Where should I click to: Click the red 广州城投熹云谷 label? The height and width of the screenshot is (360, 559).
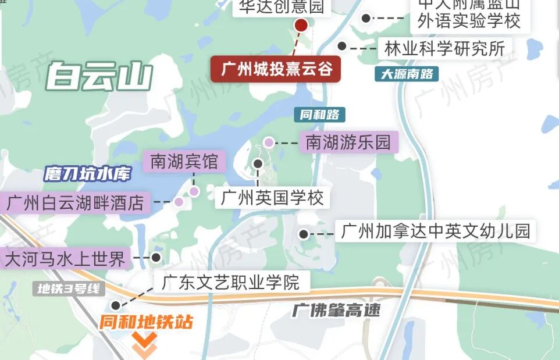click(276, 70)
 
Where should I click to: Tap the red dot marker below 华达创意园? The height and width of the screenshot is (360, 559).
click(301, 25)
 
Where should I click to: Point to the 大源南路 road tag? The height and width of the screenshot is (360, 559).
click(407, 74)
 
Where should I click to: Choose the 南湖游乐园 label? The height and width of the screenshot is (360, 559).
click(348, 142)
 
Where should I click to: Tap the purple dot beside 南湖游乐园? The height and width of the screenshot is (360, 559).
click(269, 142)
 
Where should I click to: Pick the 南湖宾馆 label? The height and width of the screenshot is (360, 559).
click(184, 162)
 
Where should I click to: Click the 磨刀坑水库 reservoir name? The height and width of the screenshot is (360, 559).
click(88, 174)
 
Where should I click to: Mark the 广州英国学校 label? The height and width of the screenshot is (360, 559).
click(272, 198)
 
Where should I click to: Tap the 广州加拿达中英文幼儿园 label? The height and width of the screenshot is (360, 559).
click(435, 231)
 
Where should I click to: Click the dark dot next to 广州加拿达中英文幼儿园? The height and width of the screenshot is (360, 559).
click(303, 234)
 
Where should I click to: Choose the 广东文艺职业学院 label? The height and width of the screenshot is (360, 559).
click(231, 283)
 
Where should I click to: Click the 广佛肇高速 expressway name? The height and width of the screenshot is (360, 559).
click(336, 309)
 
